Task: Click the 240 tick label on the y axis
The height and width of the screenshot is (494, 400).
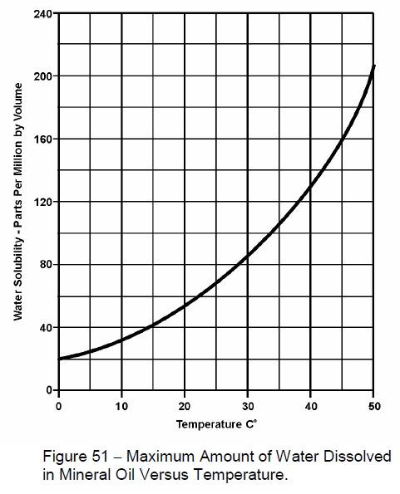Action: click(43, 14)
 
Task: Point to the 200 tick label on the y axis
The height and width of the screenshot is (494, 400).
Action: click(43, 76)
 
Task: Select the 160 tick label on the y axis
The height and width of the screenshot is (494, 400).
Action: click(43, 139)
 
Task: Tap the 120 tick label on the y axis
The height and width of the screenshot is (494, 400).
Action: click(43, 202)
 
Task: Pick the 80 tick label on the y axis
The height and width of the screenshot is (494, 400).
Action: click(46, 265)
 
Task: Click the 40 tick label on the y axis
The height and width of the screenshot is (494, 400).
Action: click(46, 327)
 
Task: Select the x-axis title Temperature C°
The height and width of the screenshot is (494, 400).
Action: click(216, 425)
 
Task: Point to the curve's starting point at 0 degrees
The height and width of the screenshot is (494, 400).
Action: click(59, 359)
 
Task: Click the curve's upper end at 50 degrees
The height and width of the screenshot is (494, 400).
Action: click(373, 66)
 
